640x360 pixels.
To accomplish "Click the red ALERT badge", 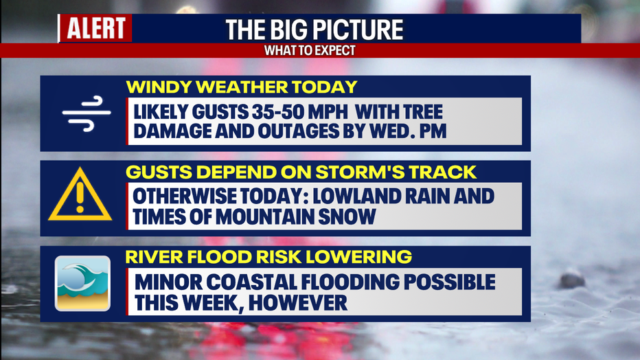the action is click(95, 28).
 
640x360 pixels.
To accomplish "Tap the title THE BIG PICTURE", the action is click(314, 30).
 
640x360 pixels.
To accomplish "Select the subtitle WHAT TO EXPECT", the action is click(310, 51).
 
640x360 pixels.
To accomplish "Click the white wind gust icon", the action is click(87, 113).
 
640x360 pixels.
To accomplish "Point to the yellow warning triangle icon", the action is click(80, 195).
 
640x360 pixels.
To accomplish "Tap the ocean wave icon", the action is click(83, 284).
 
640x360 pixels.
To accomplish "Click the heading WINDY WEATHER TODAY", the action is click(242, 87).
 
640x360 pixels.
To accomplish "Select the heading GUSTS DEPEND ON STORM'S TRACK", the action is click(301, 172).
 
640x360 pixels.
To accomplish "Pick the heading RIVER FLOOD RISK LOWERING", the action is click(268, 257).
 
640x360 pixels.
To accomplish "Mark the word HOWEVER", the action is click(297, 303).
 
